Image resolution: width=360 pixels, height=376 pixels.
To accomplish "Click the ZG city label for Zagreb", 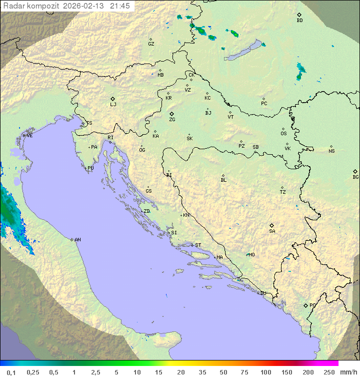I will click(x=172, y=120).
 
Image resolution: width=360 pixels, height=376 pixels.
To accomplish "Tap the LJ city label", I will click(x=113, y=105).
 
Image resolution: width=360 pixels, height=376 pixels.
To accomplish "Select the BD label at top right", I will click(x=299, y=21).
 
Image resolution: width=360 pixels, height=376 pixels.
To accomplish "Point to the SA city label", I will click(x=272, y=231).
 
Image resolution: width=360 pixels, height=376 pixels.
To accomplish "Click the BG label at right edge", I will click(x=355, y=177).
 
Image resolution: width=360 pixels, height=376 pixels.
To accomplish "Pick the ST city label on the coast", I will click(x=198, y=245).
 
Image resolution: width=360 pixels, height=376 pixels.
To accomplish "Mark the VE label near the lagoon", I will click(x=29, y=136).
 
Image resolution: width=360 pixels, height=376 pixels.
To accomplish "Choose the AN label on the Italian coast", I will click(x=77, y=240).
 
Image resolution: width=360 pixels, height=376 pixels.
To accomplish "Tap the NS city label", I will click(x=331, y=151).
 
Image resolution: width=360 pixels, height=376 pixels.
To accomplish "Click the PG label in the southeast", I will click(x=312, y=305).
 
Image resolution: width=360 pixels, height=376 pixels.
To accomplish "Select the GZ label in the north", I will click(x=151, y=44).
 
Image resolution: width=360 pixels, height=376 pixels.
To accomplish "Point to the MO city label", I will click(x=251, y=255).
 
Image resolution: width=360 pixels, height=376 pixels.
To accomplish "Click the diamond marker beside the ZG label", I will click(x=171, y=114).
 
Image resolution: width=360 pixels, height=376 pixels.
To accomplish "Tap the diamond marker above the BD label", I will click(x=299, y=15).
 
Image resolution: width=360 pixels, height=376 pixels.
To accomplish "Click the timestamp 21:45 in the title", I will click(x=120, y=6).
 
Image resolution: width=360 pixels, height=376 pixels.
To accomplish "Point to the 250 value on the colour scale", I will click(x=329, y=372).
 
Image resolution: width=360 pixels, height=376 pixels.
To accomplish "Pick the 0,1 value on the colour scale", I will click(x=11, y=372).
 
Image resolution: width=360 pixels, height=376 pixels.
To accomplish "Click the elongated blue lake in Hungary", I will click(x=243, y=51).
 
